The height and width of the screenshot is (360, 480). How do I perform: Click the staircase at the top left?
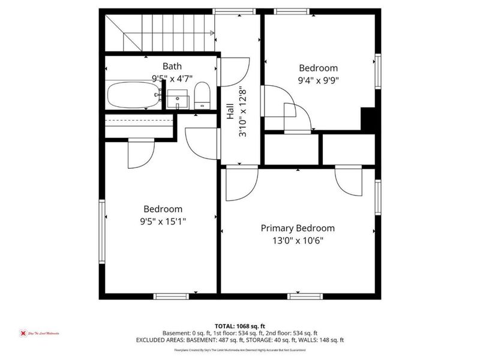point(159,33)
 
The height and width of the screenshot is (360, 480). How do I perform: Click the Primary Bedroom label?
point(298,228)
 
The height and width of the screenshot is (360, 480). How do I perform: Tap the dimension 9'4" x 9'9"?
point(319,79)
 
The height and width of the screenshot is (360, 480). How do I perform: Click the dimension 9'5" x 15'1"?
point(163,221)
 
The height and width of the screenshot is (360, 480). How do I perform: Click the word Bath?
point(172,66)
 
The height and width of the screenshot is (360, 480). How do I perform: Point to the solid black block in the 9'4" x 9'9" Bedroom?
point(369,119)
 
